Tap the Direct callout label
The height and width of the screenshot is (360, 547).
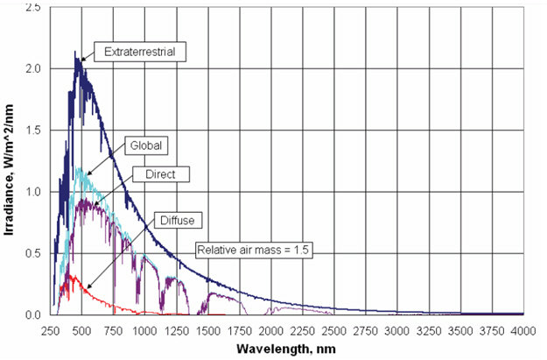point(154,175)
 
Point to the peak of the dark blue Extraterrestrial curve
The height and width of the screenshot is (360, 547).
point(76,52)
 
